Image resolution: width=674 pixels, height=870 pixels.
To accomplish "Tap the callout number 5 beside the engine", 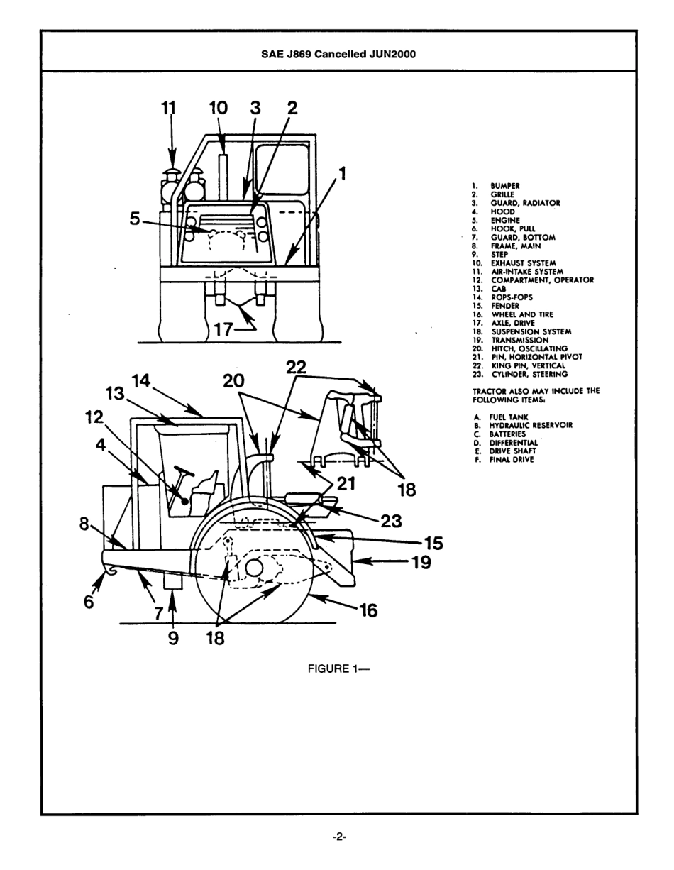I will click(135, 219).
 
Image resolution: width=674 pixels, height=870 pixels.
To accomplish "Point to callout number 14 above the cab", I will click(142, 381).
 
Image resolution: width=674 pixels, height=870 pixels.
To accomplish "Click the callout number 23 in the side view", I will click(391, 521).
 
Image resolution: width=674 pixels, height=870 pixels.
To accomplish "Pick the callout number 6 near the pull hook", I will click(89, 601).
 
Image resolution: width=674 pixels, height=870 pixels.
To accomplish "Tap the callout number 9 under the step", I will click(172, 638).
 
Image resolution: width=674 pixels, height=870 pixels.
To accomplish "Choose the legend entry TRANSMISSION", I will click(520, 340).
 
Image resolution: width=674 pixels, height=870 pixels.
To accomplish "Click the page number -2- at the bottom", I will click(338, 837).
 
